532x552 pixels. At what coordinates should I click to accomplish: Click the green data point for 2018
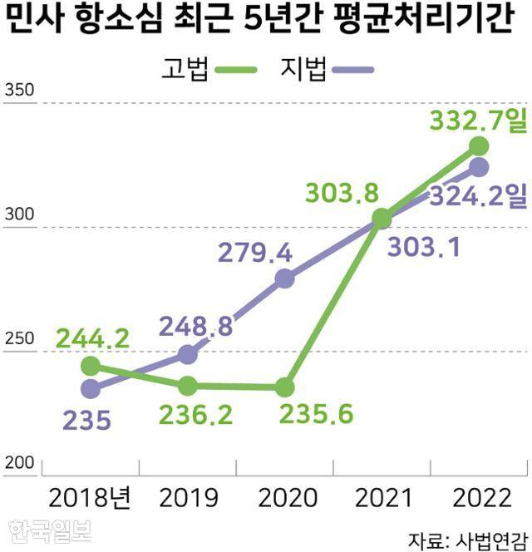coord(91,367)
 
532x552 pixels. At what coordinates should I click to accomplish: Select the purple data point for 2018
coord(91,388)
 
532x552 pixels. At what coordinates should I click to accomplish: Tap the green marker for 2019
coord(188,386)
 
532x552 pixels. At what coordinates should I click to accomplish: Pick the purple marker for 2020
coord(285,278)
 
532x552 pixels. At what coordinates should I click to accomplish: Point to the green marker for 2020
coord(285,387)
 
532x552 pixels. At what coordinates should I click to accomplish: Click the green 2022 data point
coord(479,146)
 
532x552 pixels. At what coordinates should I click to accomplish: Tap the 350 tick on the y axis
coord(21,91)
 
